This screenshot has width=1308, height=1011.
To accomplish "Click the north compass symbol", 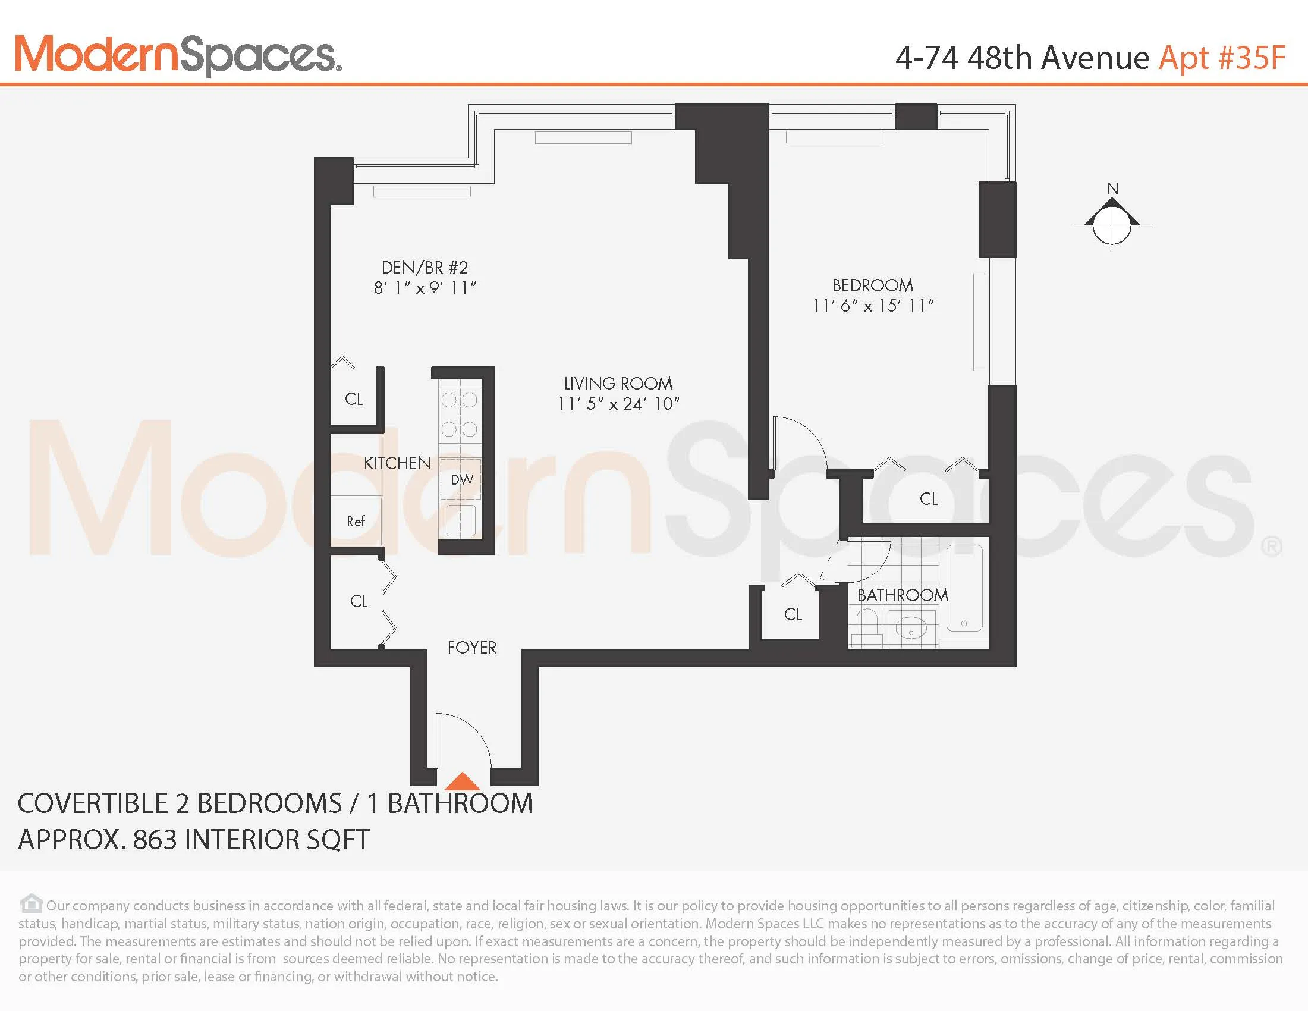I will [x=1112, y=224].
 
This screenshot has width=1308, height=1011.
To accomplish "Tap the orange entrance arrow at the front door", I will [x=462, y=781].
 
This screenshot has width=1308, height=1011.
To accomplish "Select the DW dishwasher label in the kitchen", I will [x=462, y=480].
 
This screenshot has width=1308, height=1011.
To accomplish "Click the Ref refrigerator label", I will [x=356, y=522].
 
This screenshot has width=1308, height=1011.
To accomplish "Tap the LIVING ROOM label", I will [x=618, y=384].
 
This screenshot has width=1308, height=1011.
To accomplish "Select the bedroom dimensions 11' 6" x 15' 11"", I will [x=873, y=306].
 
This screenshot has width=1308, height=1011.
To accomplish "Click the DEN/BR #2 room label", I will [x=425, y=267].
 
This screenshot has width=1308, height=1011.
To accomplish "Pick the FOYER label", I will [x=472, y=648].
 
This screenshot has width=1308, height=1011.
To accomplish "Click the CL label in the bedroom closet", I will [x=928, y=499].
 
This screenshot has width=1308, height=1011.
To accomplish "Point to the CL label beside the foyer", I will [x=359, y=601].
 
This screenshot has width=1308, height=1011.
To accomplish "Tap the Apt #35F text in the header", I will [x=1222, y=58].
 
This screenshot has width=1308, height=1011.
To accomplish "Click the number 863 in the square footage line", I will [x=156, y=840].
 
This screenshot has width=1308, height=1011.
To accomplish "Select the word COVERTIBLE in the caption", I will [x=90, y=804].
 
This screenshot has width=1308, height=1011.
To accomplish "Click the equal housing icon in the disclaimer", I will [x=31, y=903].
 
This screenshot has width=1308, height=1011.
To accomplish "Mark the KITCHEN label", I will [x=397, y=463].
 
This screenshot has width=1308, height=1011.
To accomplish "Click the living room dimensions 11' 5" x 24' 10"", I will [x=618, y=404].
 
